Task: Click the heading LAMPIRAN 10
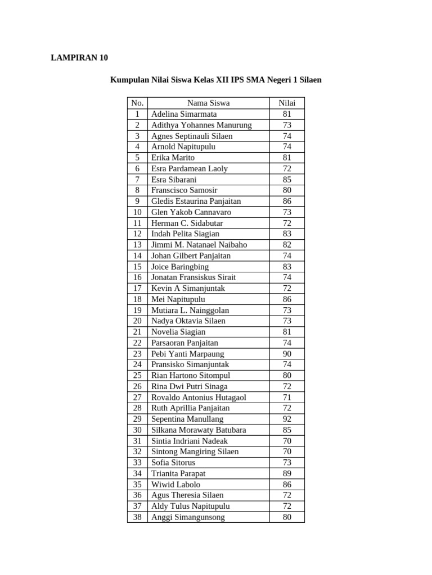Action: click(79, 58)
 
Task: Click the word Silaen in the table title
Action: click(309, 80)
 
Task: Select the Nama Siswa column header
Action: click(208, 103)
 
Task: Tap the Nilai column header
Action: click(287, 103)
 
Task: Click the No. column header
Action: click(137, 103)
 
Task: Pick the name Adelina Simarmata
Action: click(184, 114)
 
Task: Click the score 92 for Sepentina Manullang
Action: click(287, 419)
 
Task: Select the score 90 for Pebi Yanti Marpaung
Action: click(287, 354)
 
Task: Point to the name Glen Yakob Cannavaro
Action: click(191, 212)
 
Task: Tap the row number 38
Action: click(137, 517)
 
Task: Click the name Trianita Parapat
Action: click(178, 473)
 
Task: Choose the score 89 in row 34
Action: click(287, 473)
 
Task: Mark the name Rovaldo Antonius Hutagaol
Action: click(199, 397)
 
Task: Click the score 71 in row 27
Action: click(287, 397)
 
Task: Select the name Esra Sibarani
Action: click(174, 180)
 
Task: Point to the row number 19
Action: click(137, 310)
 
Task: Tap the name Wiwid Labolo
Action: click(175, 484)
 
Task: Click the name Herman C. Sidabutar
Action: click(188, 223)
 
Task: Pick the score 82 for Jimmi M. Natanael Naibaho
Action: click(287, 245)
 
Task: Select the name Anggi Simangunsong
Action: click(188, 517)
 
